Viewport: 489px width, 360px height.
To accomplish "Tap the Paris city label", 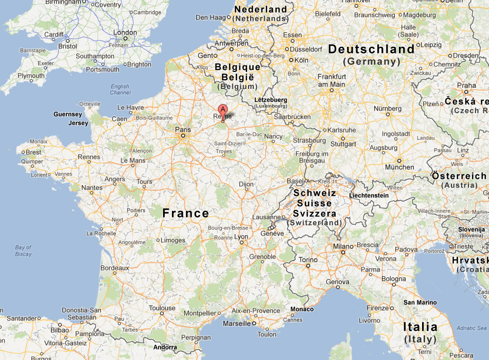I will pos(183,130).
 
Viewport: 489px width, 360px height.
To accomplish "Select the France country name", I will pos(185,213).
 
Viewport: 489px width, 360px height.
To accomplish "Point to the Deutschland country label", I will pos(371,49).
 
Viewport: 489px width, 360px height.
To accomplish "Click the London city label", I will pos(125,33).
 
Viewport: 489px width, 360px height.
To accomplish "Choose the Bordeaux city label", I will pos(114,268).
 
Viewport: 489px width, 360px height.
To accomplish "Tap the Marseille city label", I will pos(237,324).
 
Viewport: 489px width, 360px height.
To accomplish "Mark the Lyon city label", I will pos(241,237).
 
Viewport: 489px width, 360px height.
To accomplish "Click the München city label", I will pos(399,167).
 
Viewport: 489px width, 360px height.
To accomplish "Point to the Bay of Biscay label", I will pos(23,251).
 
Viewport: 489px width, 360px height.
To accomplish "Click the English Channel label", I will pos(120,89).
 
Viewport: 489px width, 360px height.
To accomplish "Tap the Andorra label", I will pos(165,347).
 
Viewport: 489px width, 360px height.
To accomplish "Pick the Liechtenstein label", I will pos(369,195).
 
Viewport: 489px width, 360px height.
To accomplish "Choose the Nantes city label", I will pos(92,188).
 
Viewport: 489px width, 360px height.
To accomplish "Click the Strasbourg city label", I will pos(309,140).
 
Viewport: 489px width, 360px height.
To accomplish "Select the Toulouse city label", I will pos(162,309).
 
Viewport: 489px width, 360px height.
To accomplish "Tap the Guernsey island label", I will pos(67,114).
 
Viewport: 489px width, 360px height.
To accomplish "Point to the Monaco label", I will pos(302,309).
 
